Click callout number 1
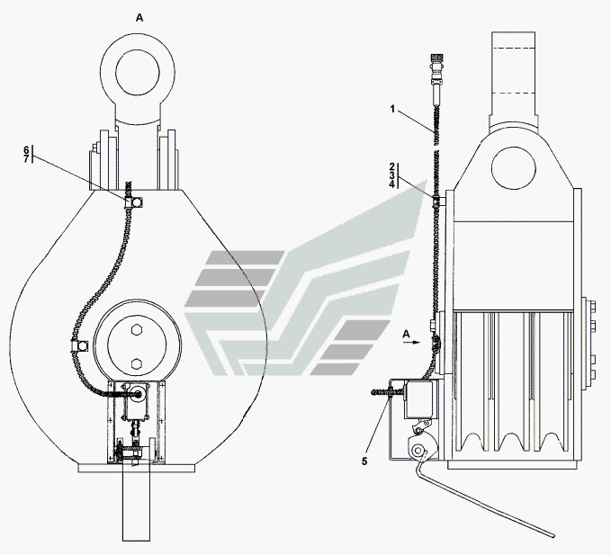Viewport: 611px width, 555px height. click(x=392, y=110)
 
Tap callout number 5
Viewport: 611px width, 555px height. click(x=364, y=461)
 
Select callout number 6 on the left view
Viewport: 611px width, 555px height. click(x=26, y=150)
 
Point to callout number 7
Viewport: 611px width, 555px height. click(x=26, y=158)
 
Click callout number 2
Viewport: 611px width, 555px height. click(x=392, y=166)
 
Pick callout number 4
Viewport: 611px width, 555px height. click(x=392, y=184)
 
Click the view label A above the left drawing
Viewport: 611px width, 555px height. click(x=139, y=18)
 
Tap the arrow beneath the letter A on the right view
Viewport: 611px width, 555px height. click(x=411, y=343)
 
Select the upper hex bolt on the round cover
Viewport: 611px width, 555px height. click(x=137, y=330)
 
